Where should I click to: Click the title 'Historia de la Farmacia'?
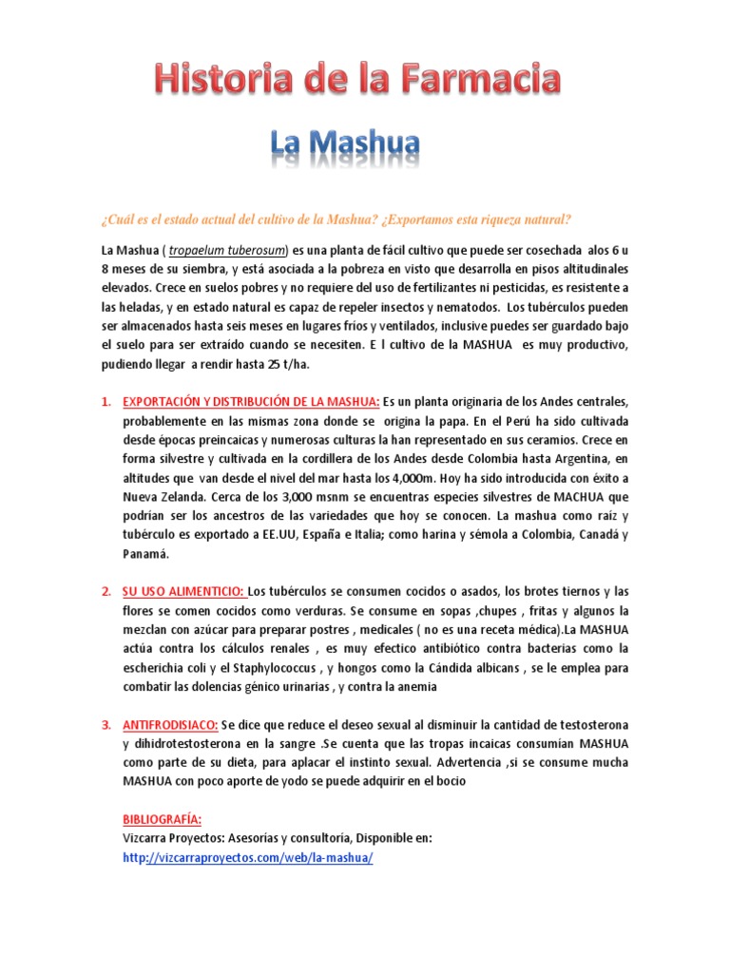358,80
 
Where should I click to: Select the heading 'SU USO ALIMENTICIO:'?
183,591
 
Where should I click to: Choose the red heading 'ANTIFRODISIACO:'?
171,725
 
